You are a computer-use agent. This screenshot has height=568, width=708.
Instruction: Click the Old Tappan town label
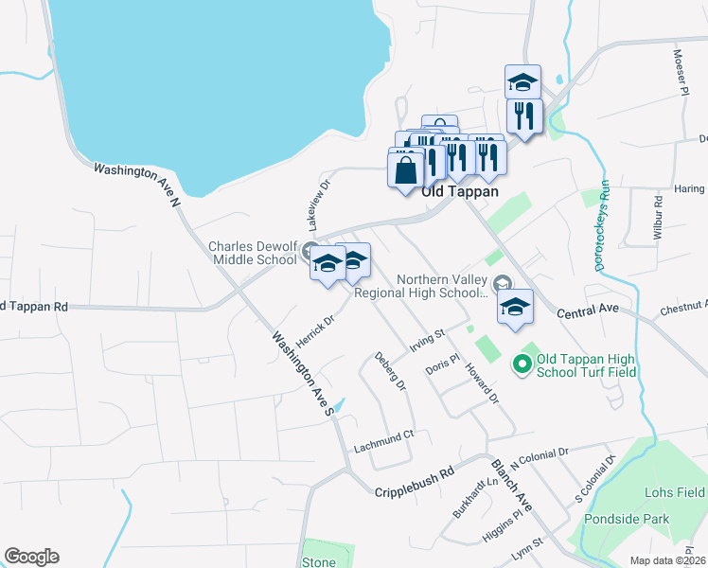pyautogui.click(x=460, y=190)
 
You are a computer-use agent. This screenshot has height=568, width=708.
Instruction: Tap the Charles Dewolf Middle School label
pyautogui.click(x=253, y=253)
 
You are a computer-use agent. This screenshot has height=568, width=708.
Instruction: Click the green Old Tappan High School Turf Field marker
pyautogui.click(x=521, y=363)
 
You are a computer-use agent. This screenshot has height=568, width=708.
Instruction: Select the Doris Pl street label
pyautogui.click(x=442, y=364)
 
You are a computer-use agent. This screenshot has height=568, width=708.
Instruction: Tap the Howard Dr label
pyautogui.click(x=481, y=384)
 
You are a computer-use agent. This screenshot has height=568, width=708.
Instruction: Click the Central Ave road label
pyautogui.click(x=587, y=311)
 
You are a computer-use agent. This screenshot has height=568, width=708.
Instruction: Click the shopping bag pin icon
pyautogui.click(x=405, y=171)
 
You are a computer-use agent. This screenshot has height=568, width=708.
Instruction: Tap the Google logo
pyautogui.click(x=31, y=557)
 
